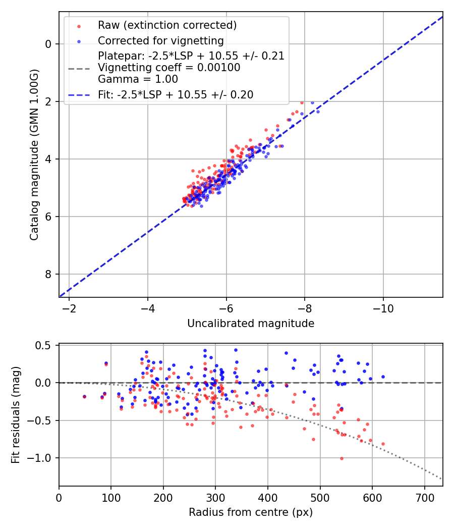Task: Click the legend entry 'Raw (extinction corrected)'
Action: coord(167,25)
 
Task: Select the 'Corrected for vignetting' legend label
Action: coord(160,40)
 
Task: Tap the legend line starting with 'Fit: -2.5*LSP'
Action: coord(176,94)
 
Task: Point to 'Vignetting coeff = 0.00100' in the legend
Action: coord(169,68)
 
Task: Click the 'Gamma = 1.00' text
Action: coord(138,79)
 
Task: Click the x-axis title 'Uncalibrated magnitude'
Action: coord(251,324)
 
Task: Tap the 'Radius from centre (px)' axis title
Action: coord(251,512)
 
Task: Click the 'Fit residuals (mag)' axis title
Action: coord(16,415)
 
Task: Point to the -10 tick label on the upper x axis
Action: coord(383,308)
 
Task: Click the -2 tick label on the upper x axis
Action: coord(69,308)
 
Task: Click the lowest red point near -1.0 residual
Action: coord(342,458)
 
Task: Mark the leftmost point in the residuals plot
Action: coord(84,397)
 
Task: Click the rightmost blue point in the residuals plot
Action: coord(383,377)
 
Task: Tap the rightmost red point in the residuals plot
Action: coord(383,444)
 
